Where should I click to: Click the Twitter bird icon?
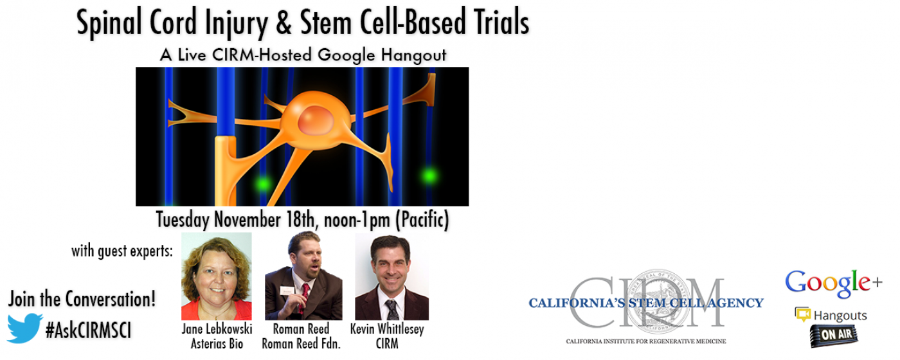(x=24, y=328)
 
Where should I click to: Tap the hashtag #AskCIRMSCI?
(x=89, y=330)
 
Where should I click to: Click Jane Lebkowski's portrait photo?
(x=217, y=276)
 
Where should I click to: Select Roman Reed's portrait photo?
(x=303, y=276)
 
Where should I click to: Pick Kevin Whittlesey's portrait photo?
(x=392, y=277)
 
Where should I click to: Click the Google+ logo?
(x=834, y=283)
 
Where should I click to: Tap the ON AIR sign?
(x=834, y=335)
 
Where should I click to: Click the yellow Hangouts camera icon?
(x=802, y=314)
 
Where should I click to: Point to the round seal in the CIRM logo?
(x=658, y=301)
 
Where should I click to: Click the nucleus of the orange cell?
(x=316, y=121)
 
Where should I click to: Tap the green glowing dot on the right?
(x=429, y=175)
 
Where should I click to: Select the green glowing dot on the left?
(x=263, y=184)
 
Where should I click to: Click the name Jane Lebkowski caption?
(x=217, y=329)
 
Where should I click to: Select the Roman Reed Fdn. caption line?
(x=301, y=343)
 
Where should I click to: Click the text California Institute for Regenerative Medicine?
(x=646, y=341)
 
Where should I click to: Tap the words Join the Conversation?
(x=82, y=299)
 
